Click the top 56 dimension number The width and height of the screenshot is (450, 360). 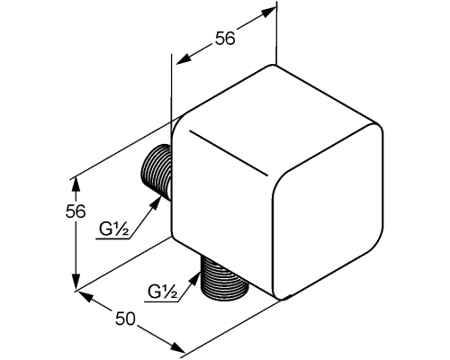(x=225, y=39)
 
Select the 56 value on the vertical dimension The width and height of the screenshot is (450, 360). (x=76, y=211)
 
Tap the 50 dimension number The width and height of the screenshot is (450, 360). (x=125, y=319)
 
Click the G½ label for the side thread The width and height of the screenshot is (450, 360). (x=114, y=229)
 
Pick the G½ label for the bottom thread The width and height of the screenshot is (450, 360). (x=162, y=292)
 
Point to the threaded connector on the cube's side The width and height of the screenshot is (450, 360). (x=156, y=172)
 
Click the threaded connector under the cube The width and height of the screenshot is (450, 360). (x=225, y=278)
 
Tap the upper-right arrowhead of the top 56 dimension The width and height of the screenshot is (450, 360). (x=267, y=13)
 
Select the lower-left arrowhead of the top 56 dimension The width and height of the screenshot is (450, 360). (x=184, y=58)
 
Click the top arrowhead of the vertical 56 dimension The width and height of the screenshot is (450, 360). (x=76, y=184)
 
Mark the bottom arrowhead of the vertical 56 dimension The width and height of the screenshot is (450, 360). (x=76, y=283)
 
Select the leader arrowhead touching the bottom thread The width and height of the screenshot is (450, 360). (x=194, y=279)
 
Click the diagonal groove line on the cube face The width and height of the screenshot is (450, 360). (x=228, y=153)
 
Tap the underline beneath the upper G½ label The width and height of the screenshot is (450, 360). (x=112, y=239)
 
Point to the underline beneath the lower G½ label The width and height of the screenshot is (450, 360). (x=161, y=301)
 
